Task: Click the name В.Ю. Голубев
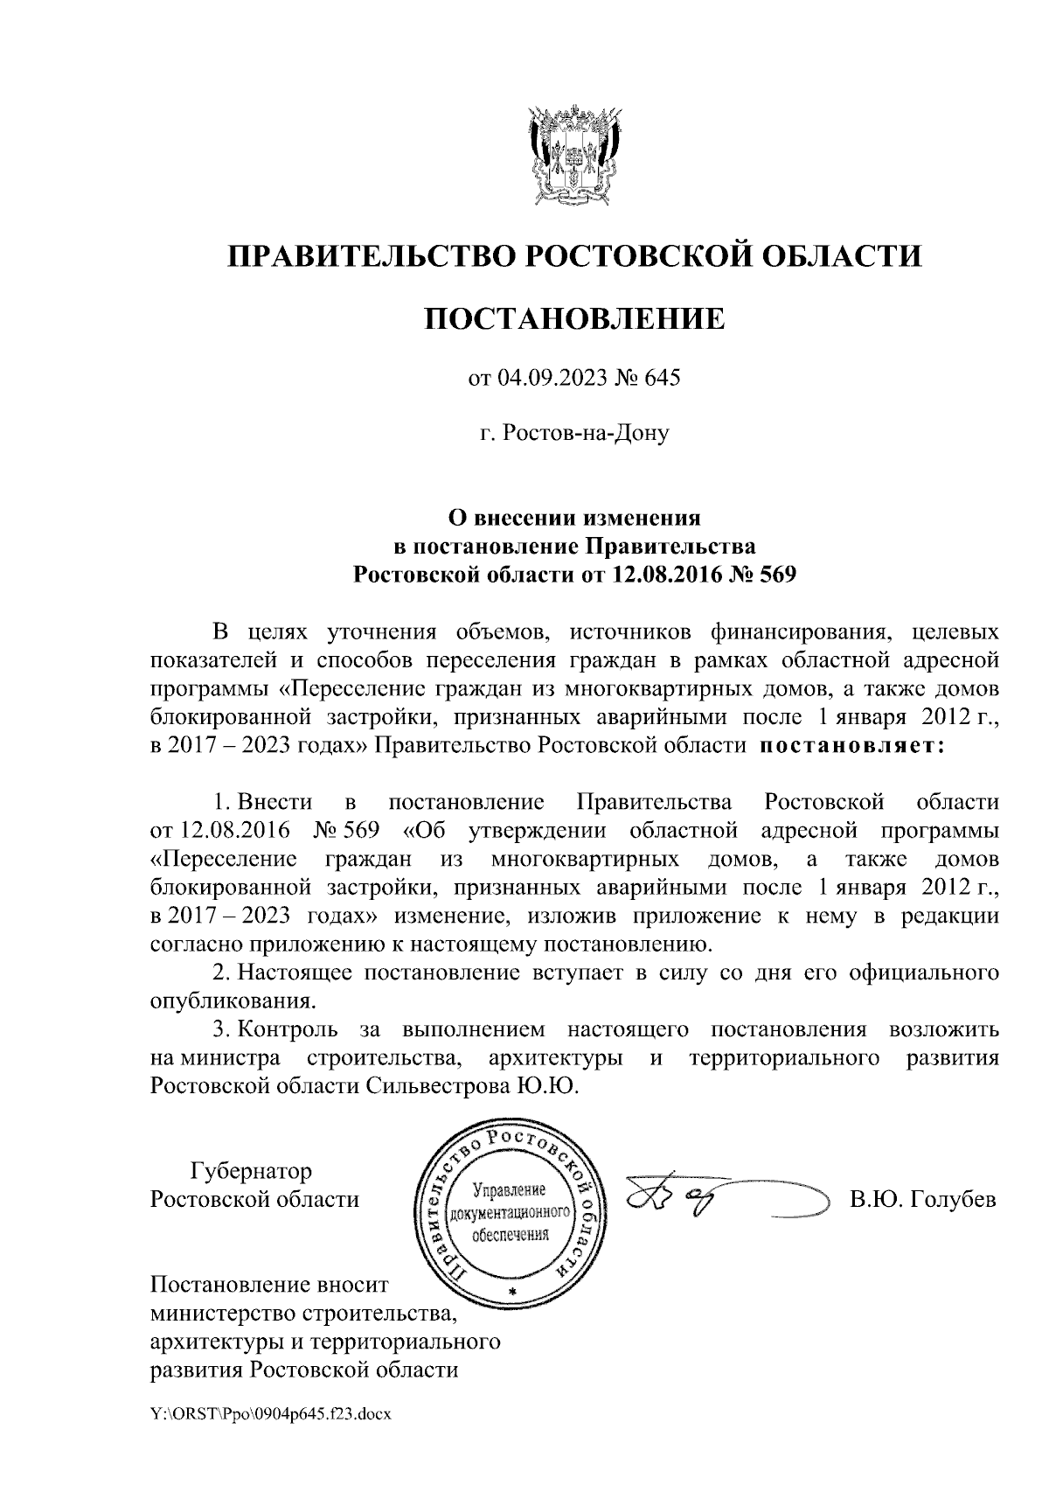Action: coord(923,1199)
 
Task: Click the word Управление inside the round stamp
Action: coord(509,1190)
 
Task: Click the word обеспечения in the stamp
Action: coord(510,1236)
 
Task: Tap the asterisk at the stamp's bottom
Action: coord(512,1292)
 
